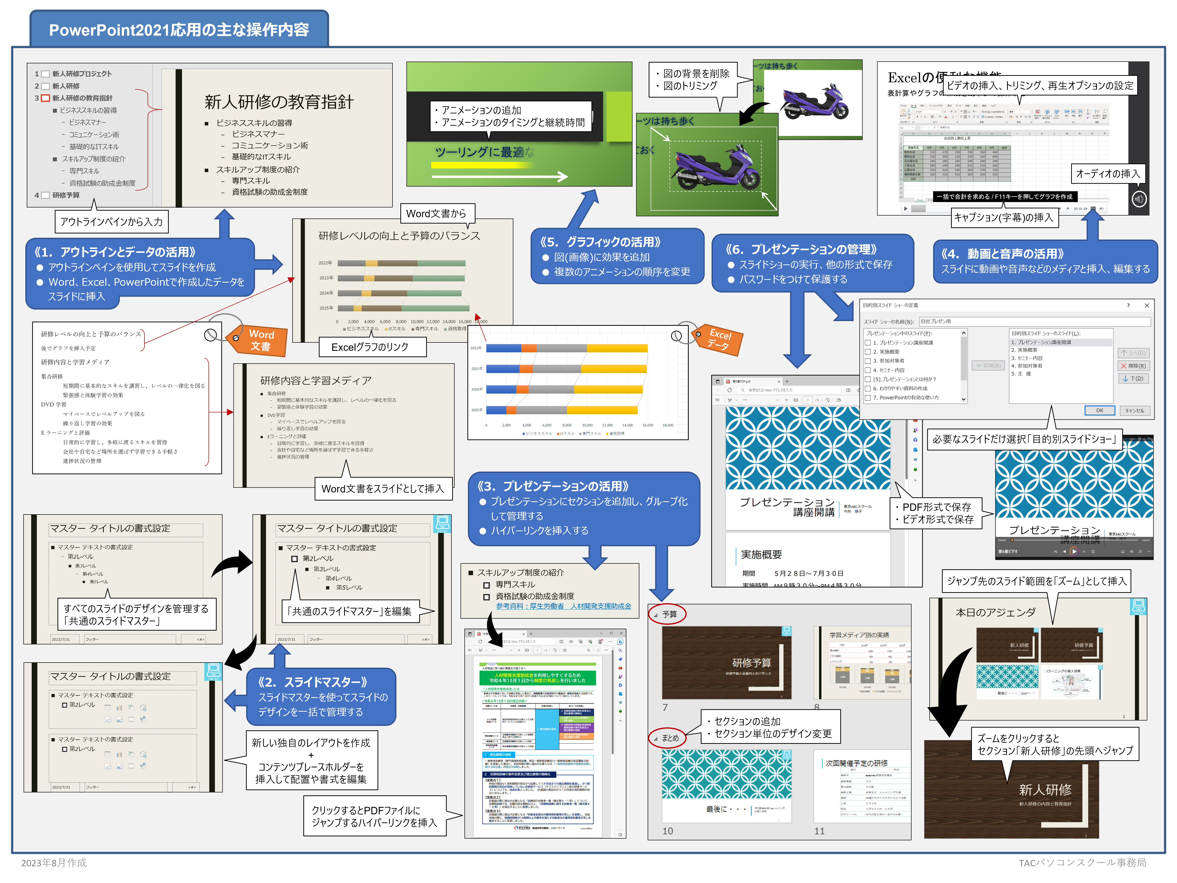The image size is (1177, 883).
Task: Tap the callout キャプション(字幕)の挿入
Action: pos(1004,217)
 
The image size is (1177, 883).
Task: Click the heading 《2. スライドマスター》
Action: pos(312,682)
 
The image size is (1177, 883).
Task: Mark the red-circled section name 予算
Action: pos(669,614)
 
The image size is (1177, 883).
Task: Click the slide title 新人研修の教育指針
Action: pos(279,102)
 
